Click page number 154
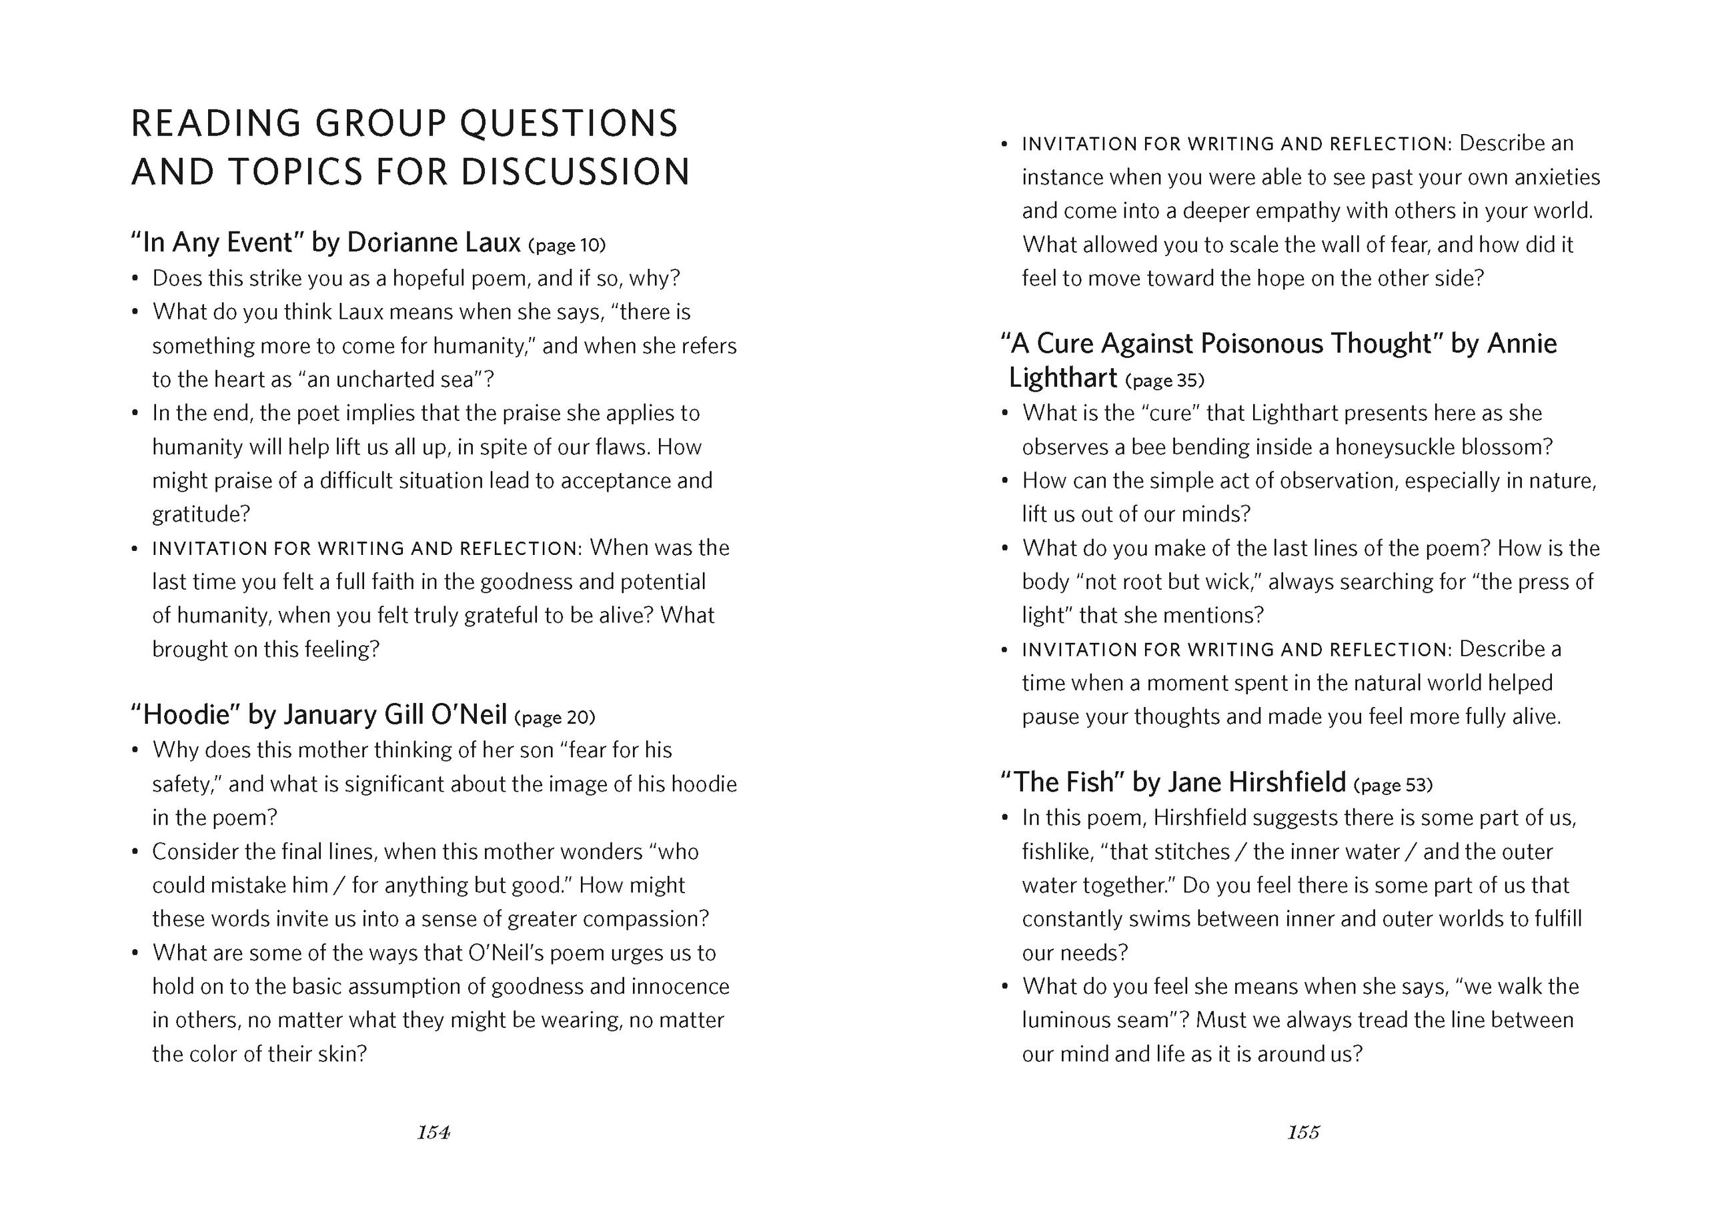coord(433,1133)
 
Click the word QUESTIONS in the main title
coord(569,124)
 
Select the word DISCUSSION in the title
coord(576,172)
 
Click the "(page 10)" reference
coord(567,245)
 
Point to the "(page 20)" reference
coord(554,717)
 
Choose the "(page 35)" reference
coord(1164,380)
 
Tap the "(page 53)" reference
coord(1393,785)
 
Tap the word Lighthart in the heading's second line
coord(1062,378)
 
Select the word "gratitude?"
coord(201,514)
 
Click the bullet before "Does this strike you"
coord(135,279)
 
